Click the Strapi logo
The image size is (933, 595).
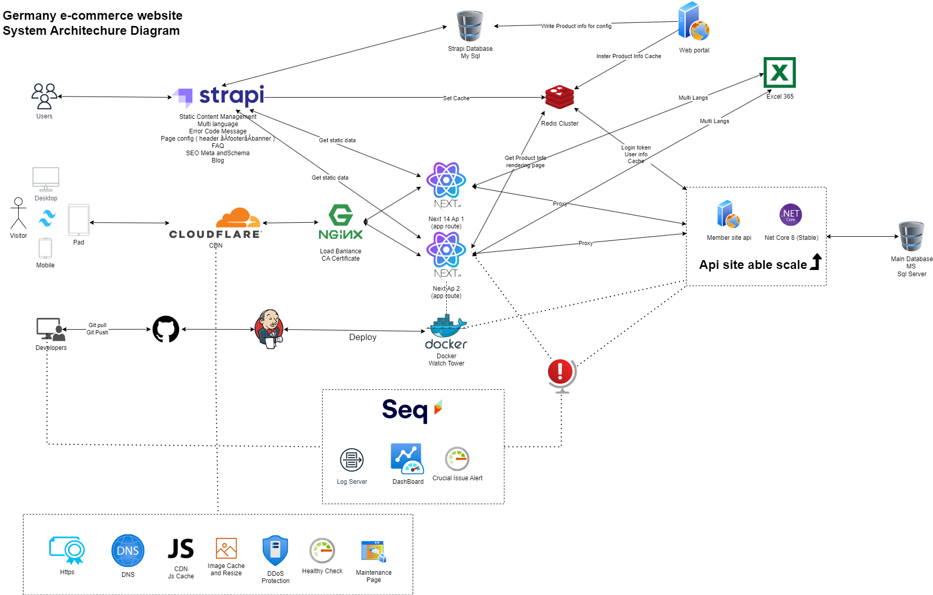tap(221, 96)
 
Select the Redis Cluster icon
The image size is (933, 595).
tap(559, 97)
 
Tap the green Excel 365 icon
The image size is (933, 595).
tap(779, 73)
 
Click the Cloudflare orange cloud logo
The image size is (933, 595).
tap(238, 218)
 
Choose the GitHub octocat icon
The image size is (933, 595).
tap(166, 329)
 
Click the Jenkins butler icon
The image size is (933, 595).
tap(270, 329)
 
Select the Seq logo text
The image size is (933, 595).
tap(405, 410)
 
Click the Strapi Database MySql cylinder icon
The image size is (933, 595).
tap(470, 26)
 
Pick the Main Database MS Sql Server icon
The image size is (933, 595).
tap(911, 236)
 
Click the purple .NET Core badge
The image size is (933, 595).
tap(790, 214)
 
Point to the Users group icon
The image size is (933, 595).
tap(44, 96)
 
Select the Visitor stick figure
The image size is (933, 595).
tap(18, 213)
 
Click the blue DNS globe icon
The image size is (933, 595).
tap(128, 550)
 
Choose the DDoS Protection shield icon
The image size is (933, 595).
tap(275, 550)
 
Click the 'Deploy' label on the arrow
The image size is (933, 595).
tap(363, 337)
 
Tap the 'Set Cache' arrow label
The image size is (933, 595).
tap(456, 98)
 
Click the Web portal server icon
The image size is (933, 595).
tap(693, 22)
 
